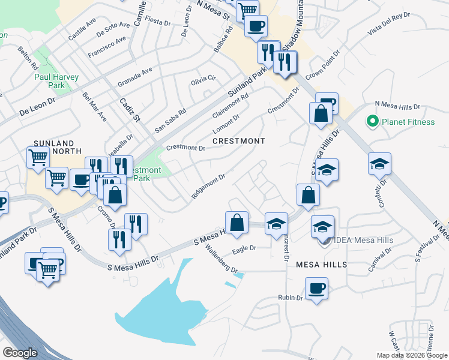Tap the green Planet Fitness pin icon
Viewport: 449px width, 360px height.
tap(372, 122)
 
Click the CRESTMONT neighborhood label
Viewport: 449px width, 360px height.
tap(238, 141)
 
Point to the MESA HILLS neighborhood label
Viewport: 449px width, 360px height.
tap(321, 265)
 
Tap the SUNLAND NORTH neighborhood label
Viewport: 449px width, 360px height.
tap(53, 148)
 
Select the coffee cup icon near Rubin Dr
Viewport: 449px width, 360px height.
tap(316, 289)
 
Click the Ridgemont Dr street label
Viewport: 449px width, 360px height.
tap(208, 187)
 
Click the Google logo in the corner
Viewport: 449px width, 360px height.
tap(19, 353)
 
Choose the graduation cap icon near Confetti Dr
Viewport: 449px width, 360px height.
tap(379, 164)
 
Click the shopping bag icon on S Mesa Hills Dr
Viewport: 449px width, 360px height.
tap(237, 222)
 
